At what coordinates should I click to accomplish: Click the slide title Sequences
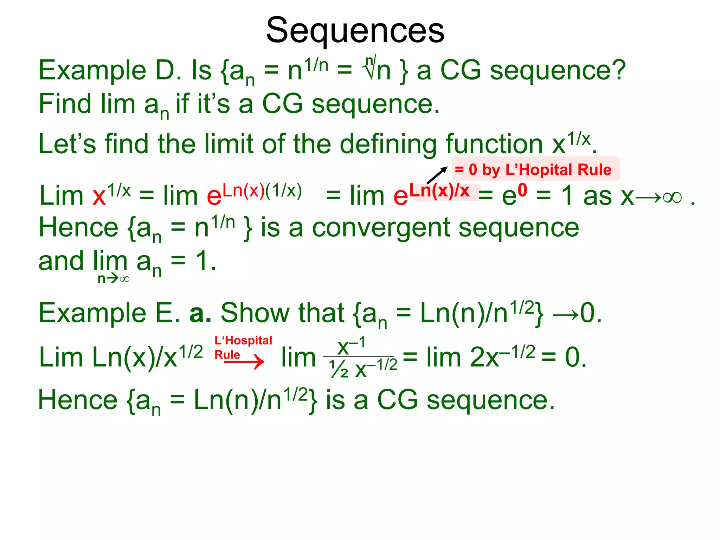[355, 31]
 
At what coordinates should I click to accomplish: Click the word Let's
[67, 144]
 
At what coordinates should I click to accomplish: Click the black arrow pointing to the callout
[437, 175]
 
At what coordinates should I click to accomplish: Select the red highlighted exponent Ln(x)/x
[439, 191]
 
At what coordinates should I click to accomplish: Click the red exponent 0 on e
[522, 190]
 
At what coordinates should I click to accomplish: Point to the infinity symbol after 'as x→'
[672, 197]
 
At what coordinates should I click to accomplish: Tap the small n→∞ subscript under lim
[114, 279]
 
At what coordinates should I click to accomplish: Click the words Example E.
[109, 313]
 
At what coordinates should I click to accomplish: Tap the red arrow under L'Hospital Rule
[244, 362]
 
